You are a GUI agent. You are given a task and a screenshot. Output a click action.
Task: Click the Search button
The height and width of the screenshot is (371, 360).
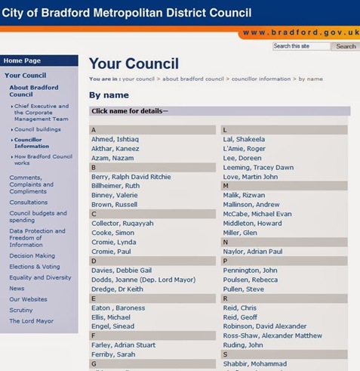click(346, 46)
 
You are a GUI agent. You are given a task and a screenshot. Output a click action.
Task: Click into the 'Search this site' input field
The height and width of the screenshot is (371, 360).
click(301, 46)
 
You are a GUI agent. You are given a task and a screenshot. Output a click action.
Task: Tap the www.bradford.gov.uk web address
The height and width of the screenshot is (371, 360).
click(299, 32)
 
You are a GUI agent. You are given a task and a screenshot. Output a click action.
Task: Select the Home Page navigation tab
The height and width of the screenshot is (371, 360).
click(23, 60)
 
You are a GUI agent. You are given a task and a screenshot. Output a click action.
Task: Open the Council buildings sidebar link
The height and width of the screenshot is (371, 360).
click(37, 129)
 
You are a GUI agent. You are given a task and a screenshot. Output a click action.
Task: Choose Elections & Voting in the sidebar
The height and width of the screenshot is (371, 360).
click(35, 267)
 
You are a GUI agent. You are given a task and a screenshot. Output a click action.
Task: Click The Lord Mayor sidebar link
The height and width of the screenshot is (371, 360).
click(31, 321)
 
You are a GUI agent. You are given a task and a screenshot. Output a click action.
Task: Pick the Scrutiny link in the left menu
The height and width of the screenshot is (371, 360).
click(21, 310)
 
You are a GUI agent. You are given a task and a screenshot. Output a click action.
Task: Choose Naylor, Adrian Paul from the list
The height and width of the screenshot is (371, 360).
click(252, 251)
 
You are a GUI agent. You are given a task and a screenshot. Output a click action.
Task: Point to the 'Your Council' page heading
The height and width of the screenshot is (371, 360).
click(134, 63)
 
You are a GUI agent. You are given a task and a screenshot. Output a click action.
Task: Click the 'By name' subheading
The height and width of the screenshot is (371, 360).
click(109, 95)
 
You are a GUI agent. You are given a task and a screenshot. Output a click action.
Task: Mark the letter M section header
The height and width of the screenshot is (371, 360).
click(226, 186)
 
